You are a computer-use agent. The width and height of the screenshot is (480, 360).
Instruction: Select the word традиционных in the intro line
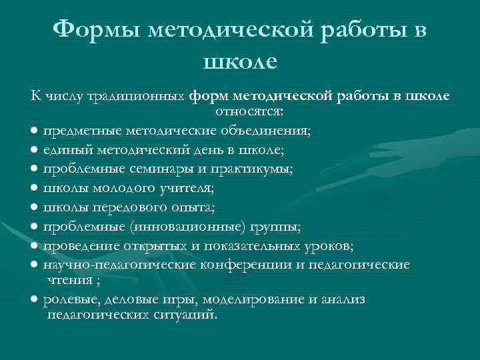click(x=140, y=97)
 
